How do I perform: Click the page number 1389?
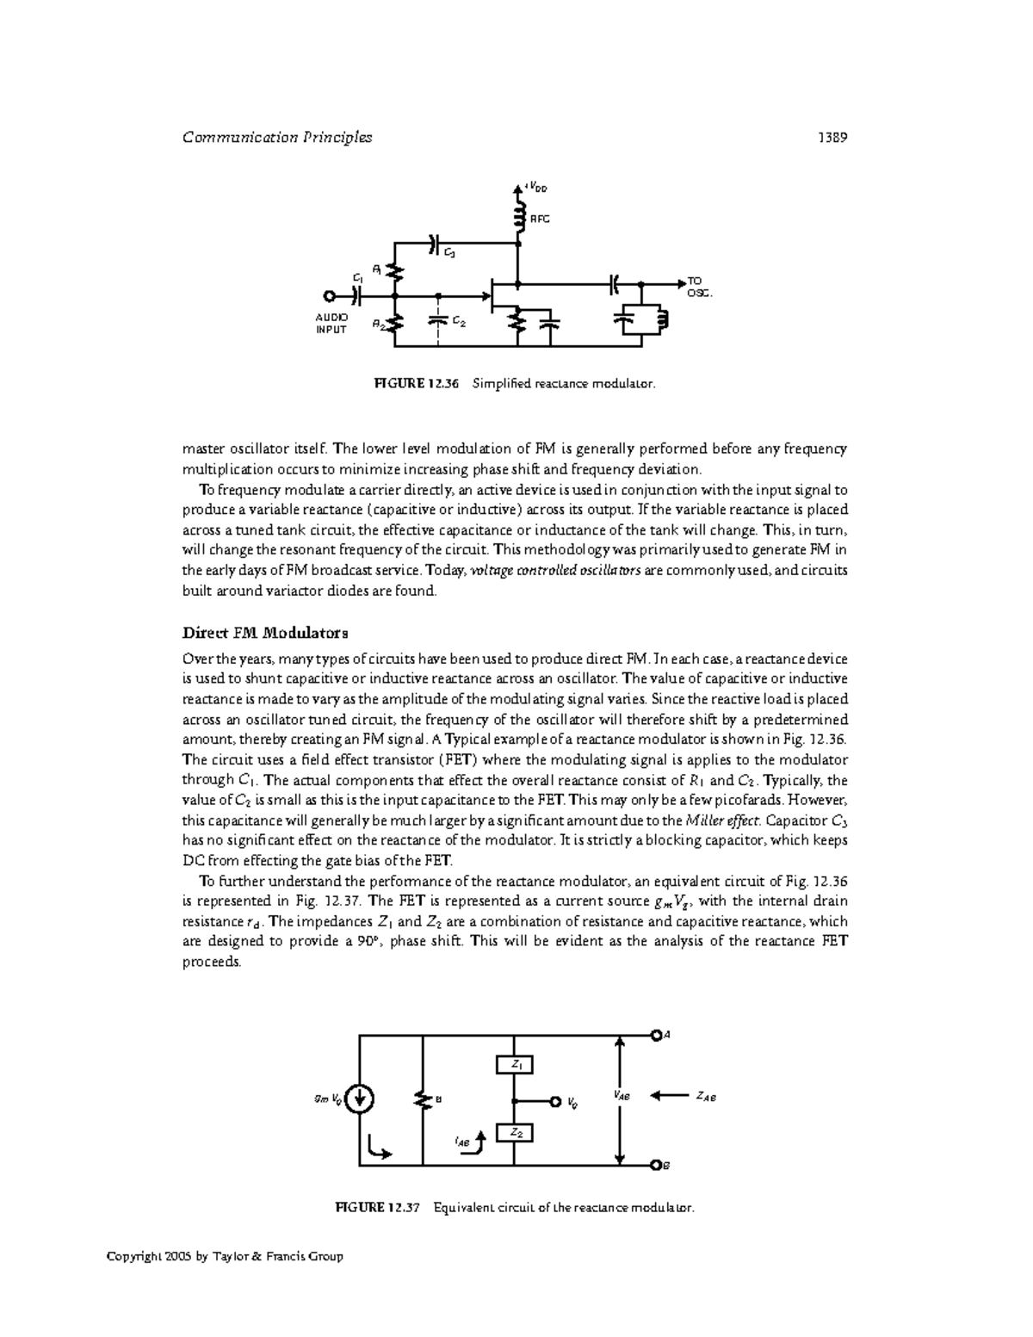pyautogui.click(x=833, y=137)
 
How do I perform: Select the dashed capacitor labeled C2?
pyautogui.click(x=439, y=319)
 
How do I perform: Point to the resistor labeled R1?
pyautogui.click(x=395, y=272)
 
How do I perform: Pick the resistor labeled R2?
pyautogui.click(x=395, y=323)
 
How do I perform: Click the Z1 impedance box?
pyautogui.click(x=515, y=1065)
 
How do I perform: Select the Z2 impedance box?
pyautogui.click(x=515, y=1133)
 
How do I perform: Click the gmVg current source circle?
pyautogui.click(x=359, y=1099)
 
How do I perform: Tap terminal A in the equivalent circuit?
pyautogui.click(x=656, y=1035)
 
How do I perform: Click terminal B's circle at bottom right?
pyautogui.click(x=656, y=1166)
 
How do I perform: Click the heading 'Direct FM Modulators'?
pyautogui.click(x=265, y=633)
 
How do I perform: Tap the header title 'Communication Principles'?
pyautogui.click(x=277, y=137)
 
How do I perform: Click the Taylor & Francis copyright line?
pyautogui.click(x=225, y=1256)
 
